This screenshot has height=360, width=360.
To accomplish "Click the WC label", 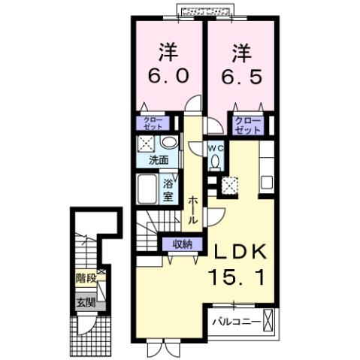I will pos(214,147).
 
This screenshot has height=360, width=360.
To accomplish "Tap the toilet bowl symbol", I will pos(215,161).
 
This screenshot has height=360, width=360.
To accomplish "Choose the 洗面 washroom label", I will pos(158,160).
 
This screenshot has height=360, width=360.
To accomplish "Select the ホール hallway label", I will pos(193,210).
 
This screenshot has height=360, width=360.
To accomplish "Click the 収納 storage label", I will pos(182,244).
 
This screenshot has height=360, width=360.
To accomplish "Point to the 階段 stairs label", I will pos(86,277).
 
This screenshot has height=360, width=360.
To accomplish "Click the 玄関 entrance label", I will pos(85,303).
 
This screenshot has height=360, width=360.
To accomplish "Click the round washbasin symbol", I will pos(168,143).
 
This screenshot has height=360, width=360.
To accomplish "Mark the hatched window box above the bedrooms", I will pos(206,10).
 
